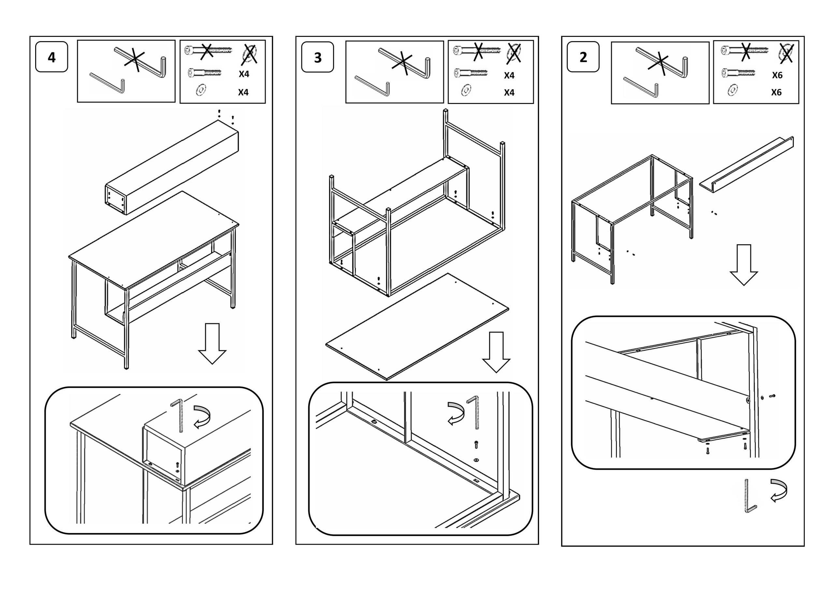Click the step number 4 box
(51, 57)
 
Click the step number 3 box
(317, 57)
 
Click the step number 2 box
(583, 57)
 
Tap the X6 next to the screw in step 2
(777, 75)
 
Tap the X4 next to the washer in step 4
(243, 92)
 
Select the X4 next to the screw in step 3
(509, 76)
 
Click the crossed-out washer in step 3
(513, 53)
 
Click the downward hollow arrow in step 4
(212, 343)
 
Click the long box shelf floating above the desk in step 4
(173, 167)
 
